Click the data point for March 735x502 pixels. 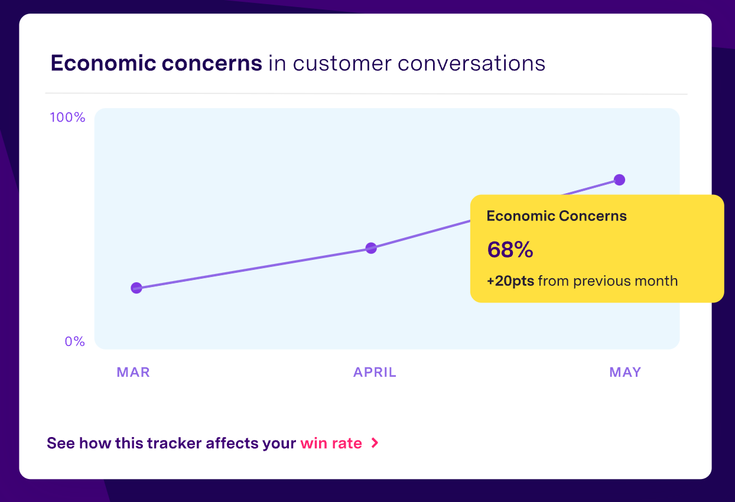click(136, 288)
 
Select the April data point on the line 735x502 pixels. click(371, 248)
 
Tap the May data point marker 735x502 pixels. click(620, 180)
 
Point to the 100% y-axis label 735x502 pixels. click(67, 118)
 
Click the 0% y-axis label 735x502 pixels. click(75, 342)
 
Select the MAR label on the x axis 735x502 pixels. click(133, 372)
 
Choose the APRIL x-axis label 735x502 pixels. click(375, 372)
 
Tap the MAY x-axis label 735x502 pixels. click(625, 372)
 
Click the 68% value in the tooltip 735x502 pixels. click(510, 250)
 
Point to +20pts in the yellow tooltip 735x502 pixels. click(510, 281)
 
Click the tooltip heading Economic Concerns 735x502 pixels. click(557, 216)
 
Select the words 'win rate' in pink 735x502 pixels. click(331, 444)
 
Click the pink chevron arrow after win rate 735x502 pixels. click(375, 443)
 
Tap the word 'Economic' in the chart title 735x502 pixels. click(103, 63)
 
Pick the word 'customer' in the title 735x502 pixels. click(342, 64)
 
